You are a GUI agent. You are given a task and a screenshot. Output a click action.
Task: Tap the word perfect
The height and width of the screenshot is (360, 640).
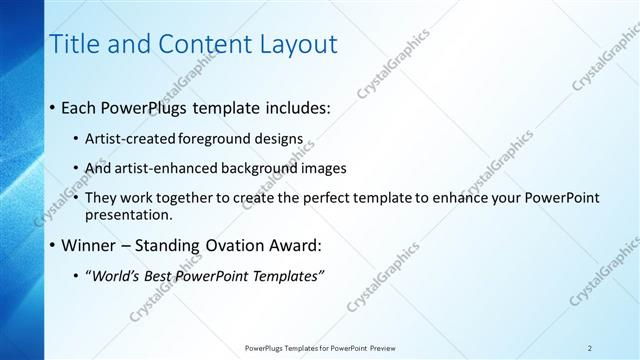[x=331, y=198]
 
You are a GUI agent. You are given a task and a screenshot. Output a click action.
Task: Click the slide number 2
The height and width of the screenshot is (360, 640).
[x=590, y=348]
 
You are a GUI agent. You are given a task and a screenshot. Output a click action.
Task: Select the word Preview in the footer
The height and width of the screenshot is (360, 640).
[x=381, y=348]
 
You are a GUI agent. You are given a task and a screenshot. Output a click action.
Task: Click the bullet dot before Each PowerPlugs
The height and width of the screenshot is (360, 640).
[x=53, y=108]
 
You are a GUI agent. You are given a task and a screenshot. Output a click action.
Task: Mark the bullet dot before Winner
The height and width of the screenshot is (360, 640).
[x=53, y=245]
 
